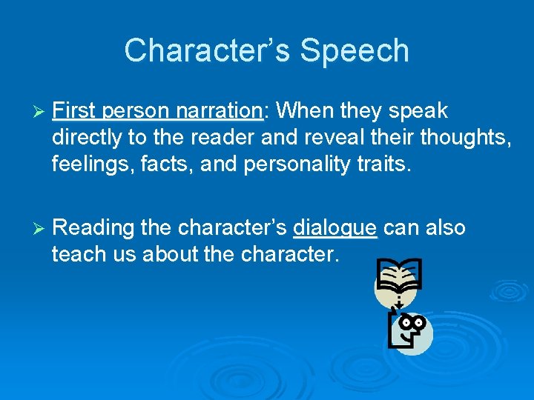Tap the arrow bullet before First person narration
coord(39,112)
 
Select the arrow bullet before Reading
coord(39,228)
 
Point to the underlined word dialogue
coord(335,227)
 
